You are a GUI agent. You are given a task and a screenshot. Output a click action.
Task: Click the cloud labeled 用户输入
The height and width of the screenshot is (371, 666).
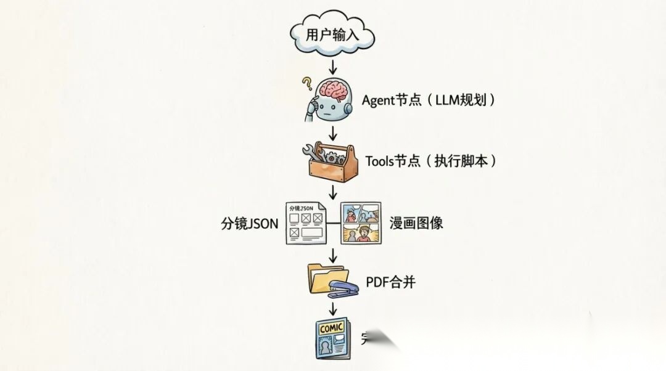332,34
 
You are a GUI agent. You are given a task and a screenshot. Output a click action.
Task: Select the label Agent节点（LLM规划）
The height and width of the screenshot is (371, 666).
429,100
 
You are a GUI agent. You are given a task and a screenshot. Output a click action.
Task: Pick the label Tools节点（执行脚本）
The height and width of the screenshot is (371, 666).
431,161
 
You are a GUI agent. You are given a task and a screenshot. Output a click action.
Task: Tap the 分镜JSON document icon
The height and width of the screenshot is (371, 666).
305,222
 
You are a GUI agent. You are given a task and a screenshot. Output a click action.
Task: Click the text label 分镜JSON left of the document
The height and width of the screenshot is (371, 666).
250,223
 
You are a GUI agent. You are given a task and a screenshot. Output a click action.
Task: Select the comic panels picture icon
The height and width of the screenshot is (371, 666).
361,222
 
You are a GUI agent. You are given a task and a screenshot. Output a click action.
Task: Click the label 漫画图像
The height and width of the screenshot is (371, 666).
416,223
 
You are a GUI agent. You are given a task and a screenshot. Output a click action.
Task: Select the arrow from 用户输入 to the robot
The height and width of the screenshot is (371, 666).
333,67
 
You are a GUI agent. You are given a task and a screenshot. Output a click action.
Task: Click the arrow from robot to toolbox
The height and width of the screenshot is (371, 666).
333,132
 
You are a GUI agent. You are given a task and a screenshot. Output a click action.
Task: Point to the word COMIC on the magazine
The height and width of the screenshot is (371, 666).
332,327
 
